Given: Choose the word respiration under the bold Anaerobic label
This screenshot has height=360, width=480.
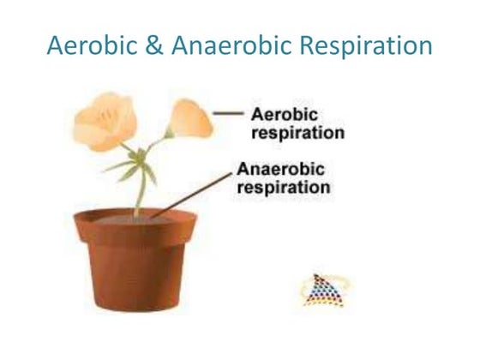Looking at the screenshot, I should (x=284, y=186).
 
